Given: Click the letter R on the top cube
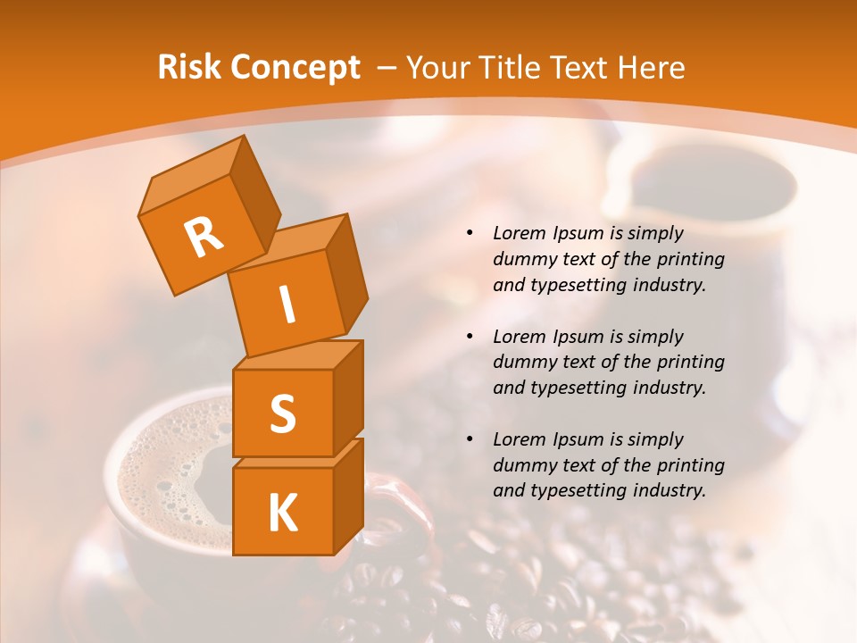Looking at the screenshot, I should pyautogui.click(x=204, y=238).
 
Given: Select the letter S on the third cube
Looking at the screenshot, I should pyautogui.click(x=282, y=413).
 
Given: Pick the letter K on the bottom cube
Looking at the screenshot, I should pyautogui.click(x=282, y=514).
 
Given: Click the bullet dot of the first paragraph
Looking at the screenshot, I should pyautogui.click(x=470, y=234).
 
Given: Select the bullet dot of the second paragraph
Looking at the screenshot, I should pyautogui.click(x=470, y=337).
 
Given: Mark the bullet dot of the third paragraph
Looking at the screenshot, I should pyautogui.click(x=470, y=439).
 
